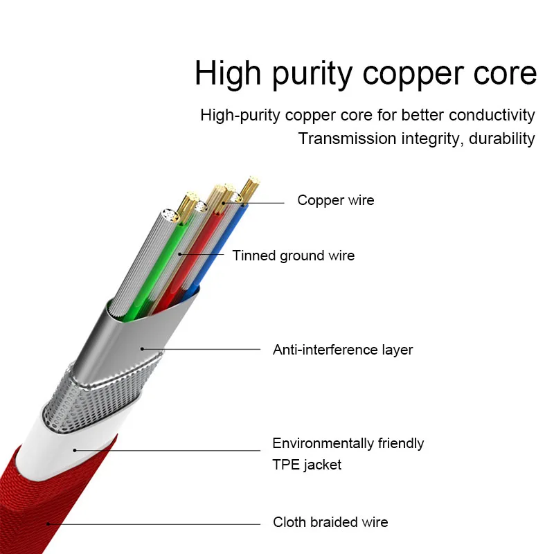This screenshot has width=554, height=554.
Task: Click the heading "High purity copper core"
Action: click(x=365, y=74)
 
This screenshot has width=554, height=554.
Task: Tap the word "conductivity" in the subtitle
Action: click(x=491, y=115)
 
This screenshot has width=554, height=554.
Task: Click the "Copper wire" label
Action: click(x=335, y=201)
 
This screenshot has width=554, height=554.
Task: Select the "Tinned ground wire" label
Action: click(x=293, y=256)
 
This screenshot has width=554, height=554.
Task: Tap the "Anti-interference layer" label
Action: click(x=342, y=350)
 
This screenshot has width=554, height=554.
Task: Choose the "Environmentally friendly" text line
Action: click(x=348, y=443)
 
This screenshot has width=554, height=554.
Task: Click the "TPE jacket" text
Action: click(x=307, y=465)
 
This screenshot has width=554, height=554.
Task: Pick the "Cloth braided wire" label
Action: click(x=330, y=522)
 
